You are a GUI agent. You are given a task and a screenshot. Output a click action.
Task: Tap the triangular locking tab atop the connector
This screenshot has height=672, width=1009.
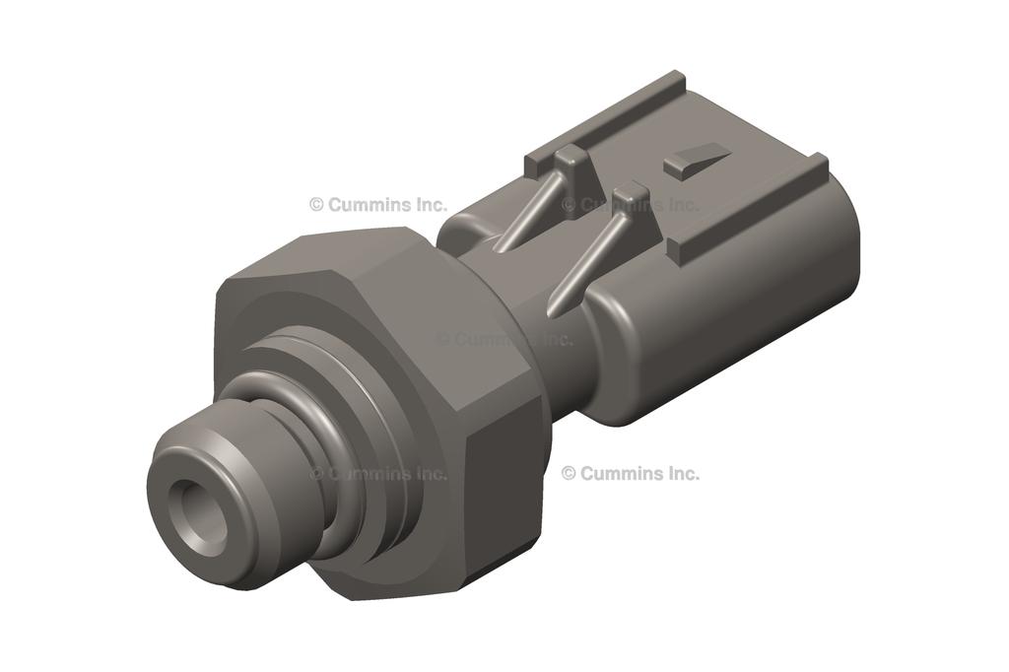point(697,161)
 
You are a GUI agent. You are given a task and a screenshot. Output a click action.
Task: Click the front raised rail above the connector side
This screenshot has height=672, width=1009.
point(749,207)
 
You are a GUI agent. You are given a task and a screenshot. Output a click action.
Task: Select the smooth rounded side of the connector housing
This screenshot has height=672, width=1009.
point(709,325)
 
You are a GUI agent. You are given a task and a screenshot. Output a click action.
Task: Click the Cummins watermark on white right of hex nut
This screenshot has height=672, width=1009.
point(631,473)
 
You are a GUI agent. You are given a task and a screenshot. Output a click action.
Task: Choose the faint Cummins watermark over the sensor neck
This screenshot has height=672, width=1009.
point(504,339)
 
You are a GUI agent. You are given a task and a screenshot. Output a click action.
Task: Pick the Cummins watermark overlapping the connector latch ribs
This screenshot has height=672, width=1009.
point(631,205)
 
